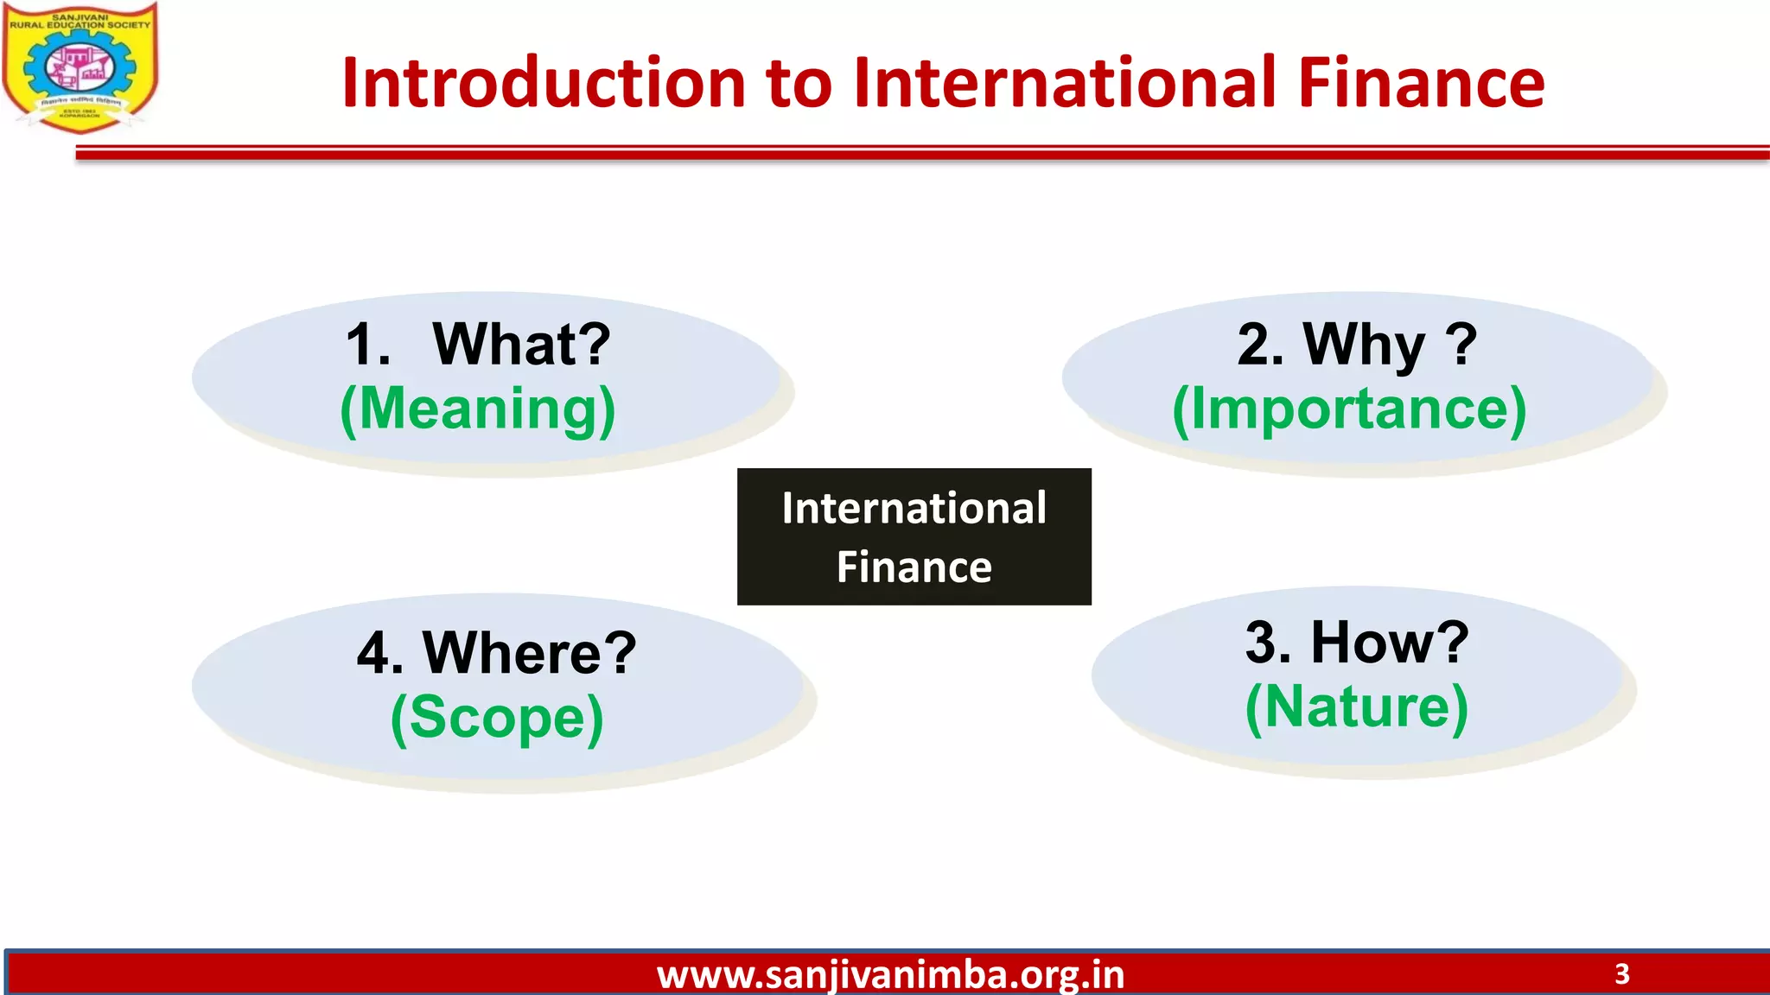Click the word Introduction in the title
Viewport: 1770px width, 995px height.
[544, 83]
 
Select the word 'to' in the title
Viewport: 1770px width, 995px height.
[799, 85]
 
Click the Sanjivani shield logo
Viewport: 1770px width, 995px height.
[80, 67]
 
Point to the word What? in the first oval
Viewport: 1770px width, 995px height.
[521, 344]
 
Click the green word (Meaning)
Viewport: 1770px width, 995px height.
[478, 409]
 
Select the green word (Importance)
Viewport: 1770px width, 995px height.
[1349, 409]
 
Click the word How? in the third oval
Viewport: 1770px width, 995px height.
[1390, 643]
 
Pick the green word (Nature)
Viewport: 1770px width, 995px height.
[1356, 707]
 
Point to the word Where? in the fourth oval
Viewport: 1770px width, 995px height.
[529, 653]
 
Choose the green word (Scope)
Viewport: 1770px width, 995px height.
[497, 718]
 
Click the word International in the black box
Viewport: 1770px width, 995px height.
[914, 508]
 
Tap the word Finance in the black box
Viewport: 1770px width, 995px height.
[914, 567]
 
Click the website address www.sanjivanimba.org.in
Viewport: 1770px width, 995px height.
[890, 975]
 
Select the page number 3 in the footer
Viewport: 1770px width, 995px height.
[1621, 974]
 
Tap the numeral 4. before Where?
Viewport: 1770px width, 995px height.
[379, 653]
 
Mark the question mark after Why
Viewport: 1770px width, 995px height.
[1461, 344]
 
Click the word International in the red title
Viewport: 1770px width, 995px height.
[1065, 83]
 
